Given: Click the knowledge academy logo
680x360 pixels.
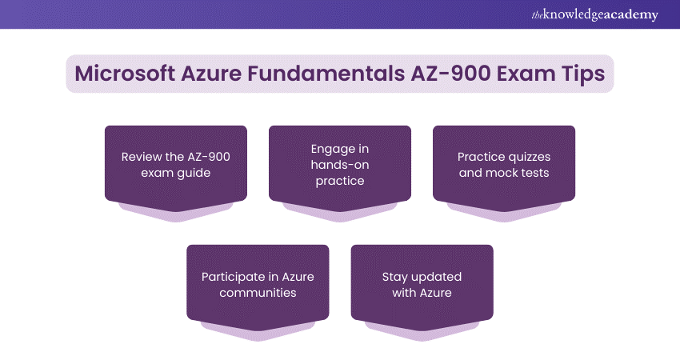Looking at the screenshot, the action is point(595,14).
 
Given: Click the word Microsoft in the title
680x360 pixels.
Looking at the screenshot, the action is point(125,74).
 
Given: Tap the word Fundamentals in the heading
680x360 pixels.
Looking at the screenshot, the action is point(326,74).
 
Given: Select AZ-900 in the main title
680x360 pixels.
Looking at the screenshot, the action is point(450,74).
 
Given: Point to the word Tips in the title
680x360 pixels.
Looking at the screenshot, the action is point(583,74).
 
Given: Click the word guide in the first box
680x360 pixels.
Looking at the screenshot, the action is point(194,173).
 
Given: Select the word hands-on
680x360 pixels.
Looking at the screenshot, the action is point(340,165).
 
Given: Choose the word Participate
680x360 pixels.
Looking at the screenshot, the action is point(234,277).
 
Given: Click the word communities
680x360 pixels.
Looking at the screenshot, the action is point(258,293).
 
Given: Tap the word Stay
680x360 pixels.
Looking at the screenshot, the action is point(394,277).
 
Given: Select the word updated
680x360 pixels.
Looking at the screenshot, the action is point(436,277).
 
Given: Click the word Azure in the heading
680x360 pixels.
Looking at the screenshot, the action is point(211,74).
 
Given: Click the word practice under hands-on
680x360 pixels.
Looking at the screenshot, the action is point(340,182).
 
